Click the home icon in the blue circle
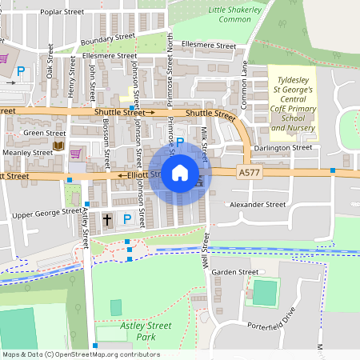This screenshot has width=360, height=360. [180, 172]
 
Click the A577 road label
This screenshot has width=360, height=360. [249, 172]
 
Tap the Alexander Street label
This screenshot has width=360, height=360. [258, 205]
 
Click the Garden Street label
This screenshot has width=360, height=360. [234, 272]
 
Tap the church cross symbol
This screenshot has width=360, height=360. [107, 218]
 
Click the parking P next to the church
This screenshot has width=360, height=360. [126, 218]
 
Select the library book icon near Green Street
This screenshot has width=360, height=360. [58, 146]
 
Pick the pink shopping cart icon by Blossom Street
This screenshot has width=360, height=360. [76, 153]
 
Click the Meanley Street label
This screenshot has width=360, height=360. [27, 152]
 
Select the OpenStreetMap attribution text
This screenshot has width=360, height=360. [80, 354]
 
